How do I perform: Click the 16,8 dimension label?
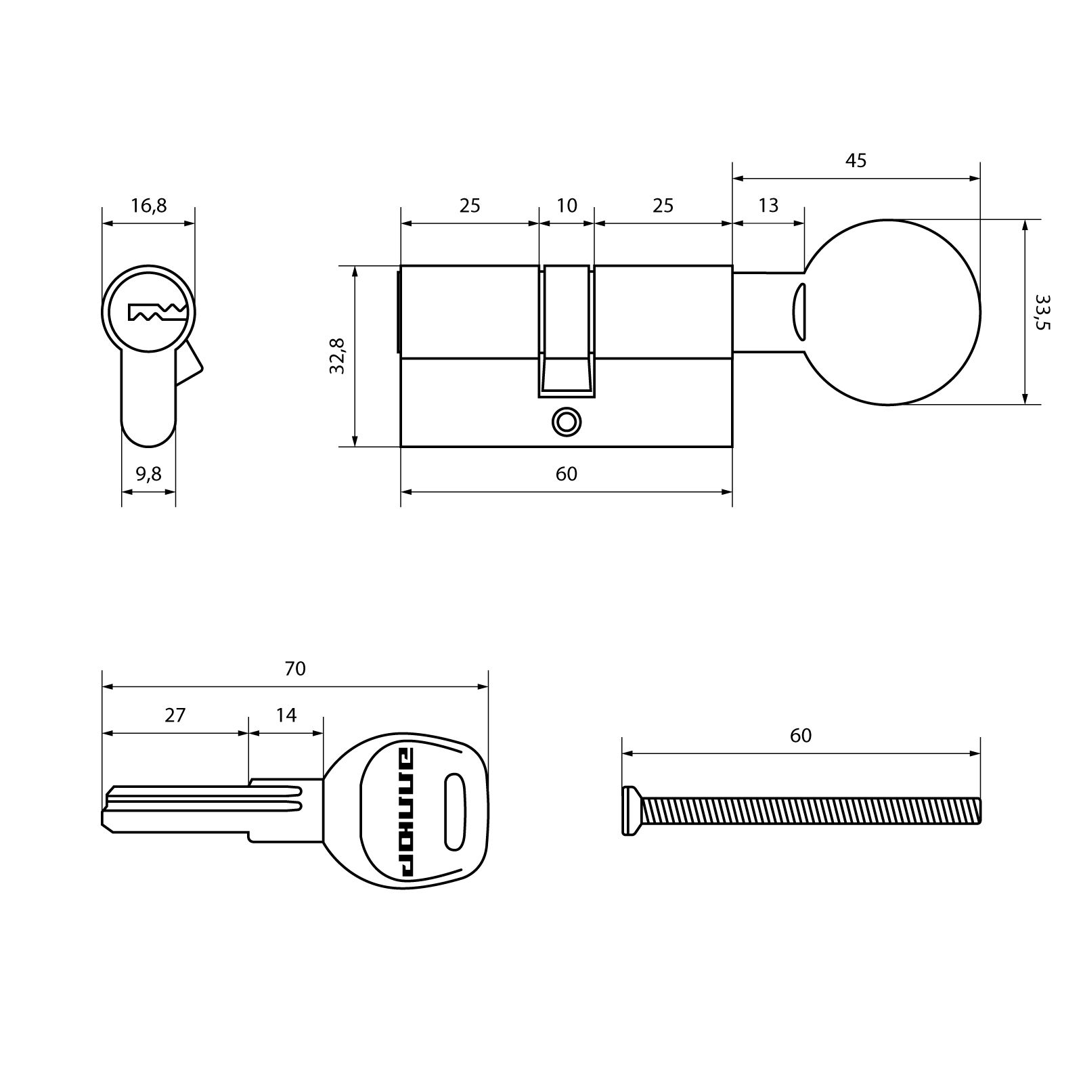(148, 205)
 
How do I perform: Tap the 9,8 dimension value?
(148, 474)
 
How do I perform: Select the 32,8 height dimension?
(337, 356)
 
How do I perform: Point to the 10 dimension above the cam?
(567, 205)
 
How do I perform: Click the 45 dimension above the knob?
(856, 160)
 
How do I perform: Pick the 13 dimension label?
(768, 205)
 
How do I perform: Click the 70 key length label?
(295, 669)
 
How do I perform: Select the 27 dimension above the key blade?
(175, 715)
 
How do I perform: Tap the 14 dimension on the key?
(286, 715)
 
